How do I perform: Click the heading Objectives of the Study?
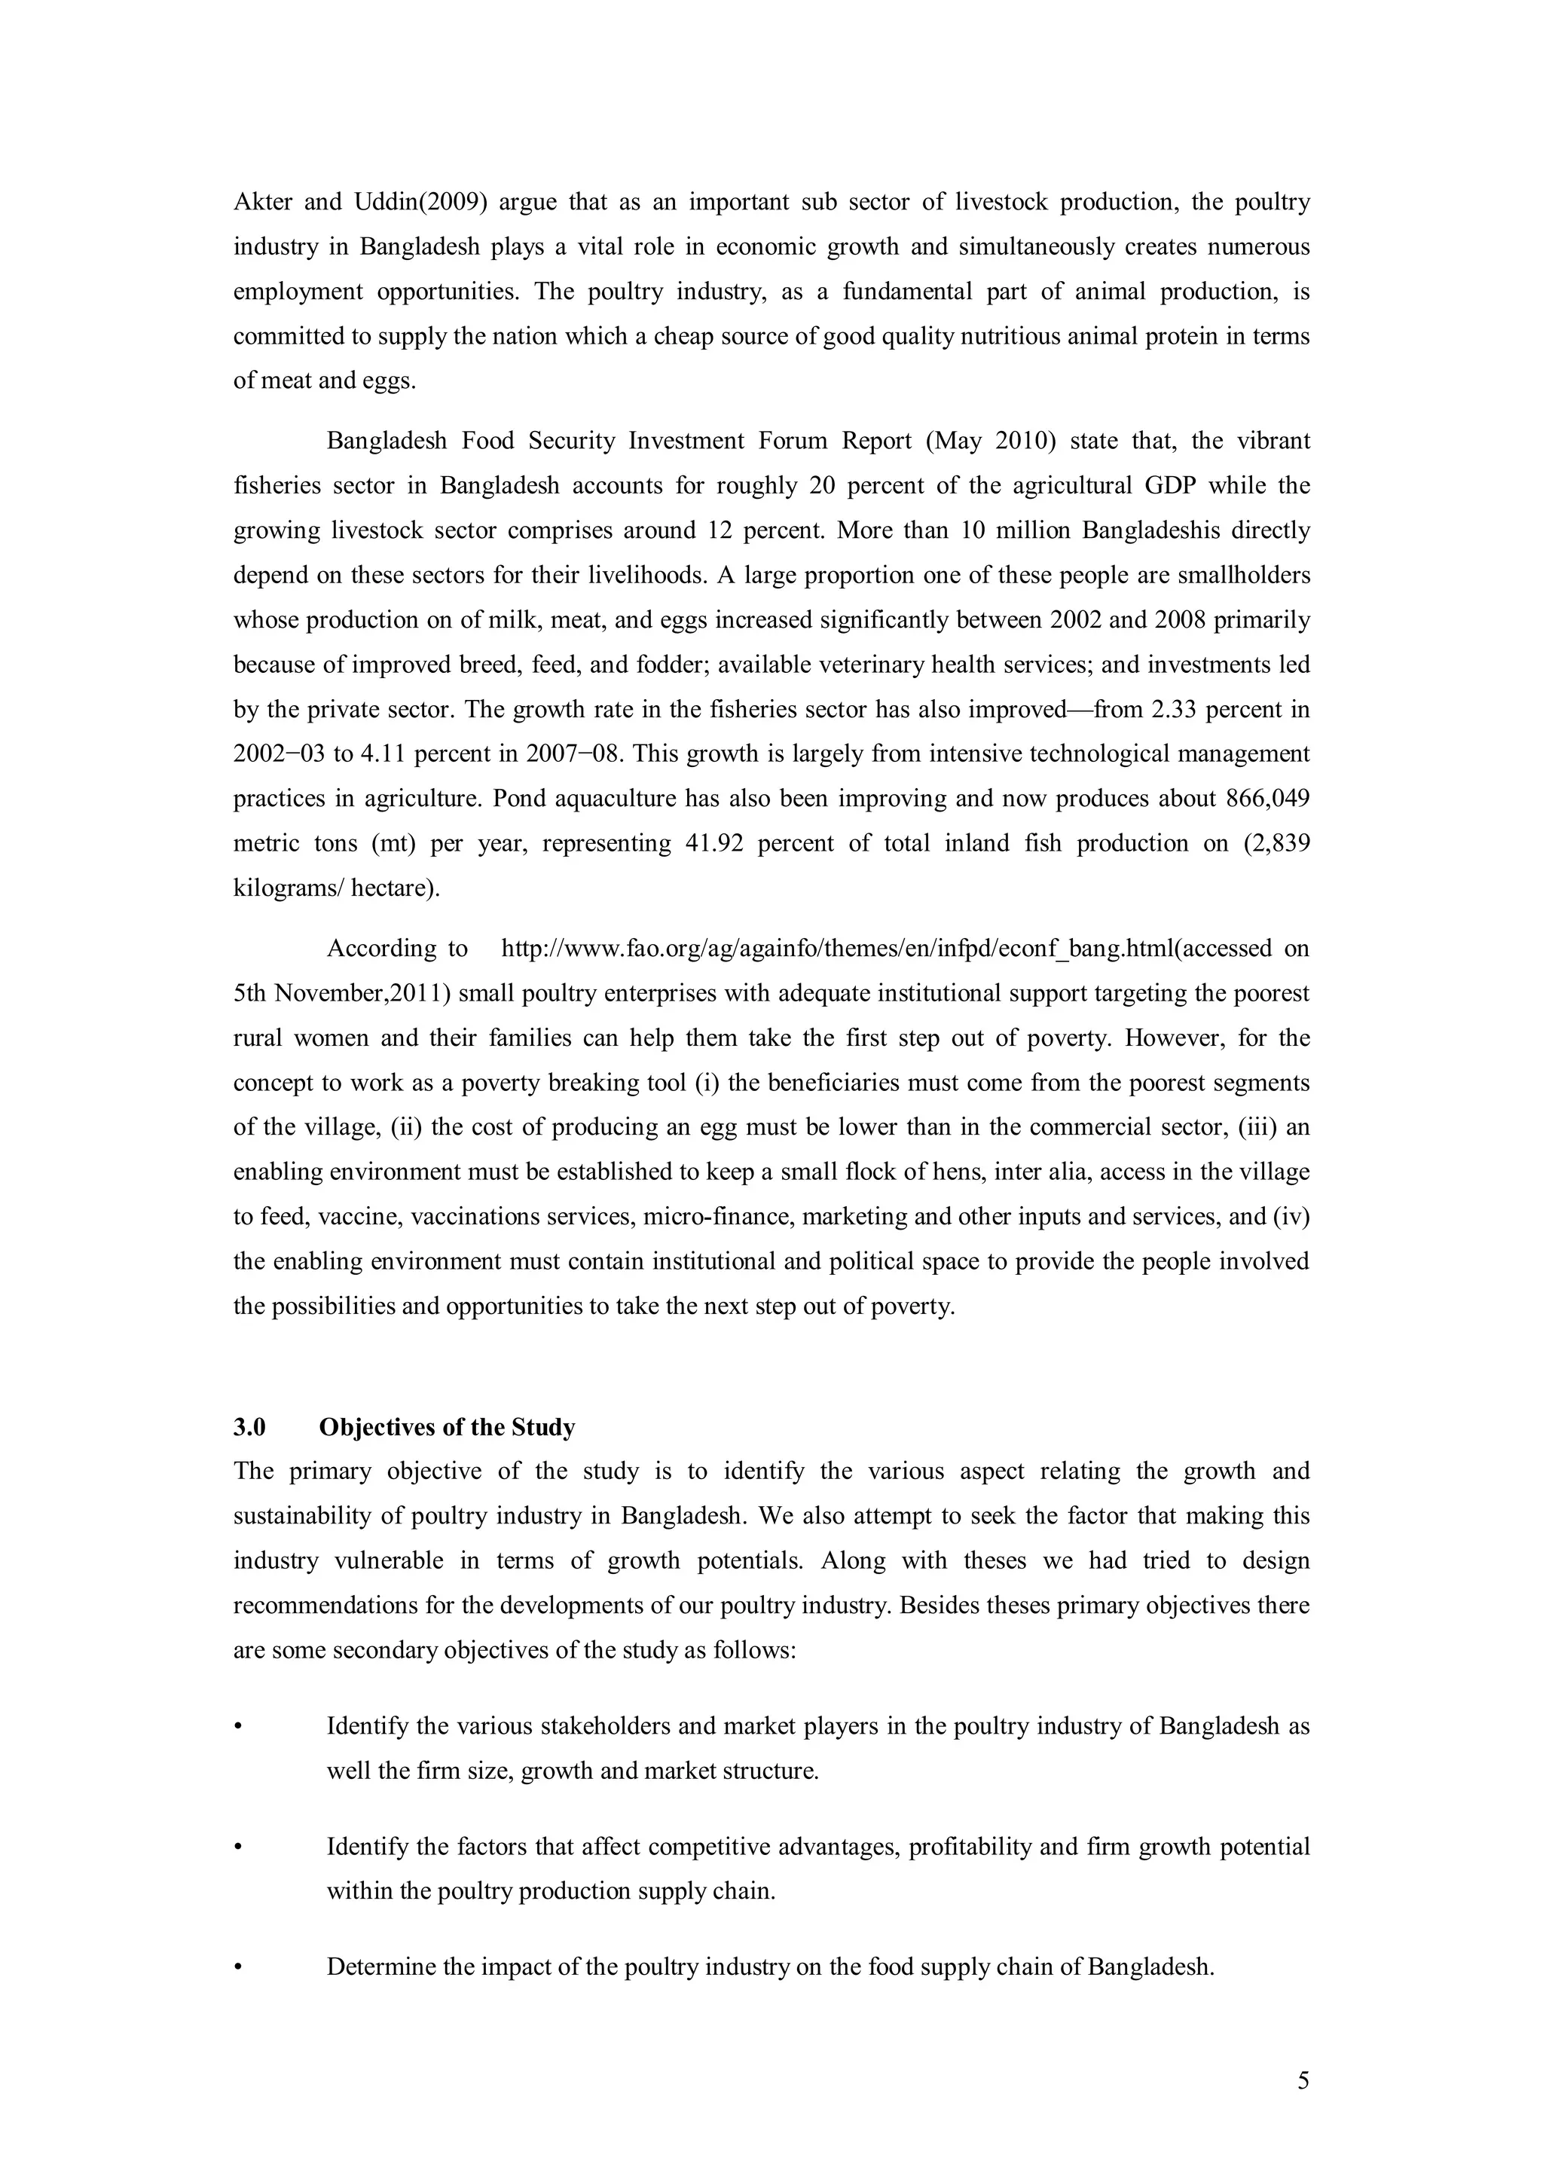tap(447, 1428)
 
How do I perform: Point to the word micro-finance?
tap(710, 1216)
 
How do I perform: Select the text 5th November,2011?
tap(341, 993)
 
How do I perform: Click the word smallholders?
tap(1244, 575)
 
